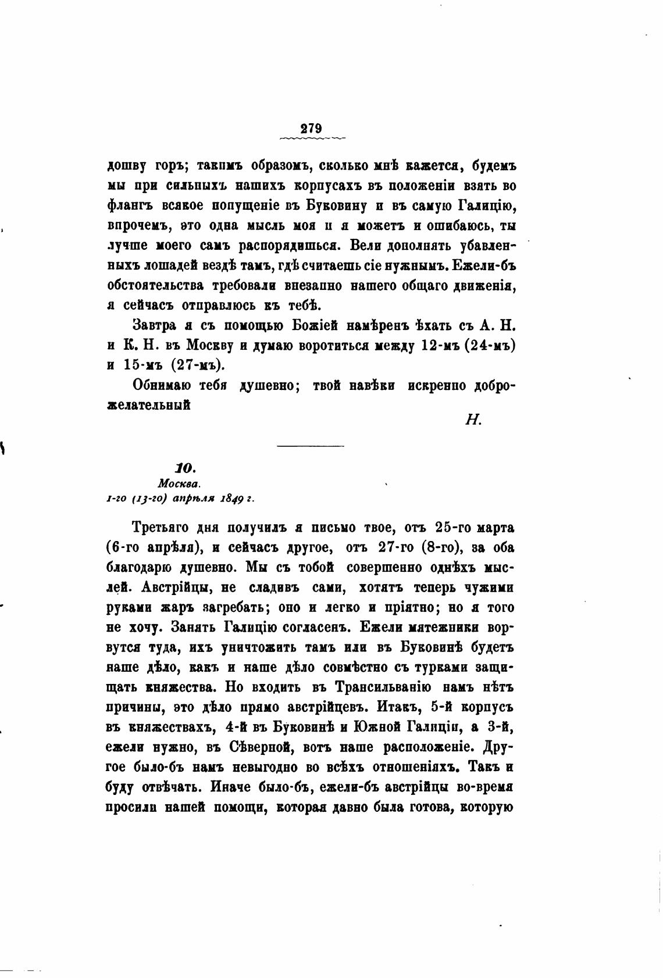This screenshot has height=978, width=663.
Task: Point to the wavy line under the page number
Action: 312,138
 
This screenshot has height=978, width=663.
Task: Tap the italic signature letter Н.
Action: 473,420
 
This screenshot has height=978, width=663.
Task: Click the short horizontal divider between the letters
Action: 311,446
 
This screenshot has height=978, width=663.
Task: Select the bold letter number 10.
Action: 187,468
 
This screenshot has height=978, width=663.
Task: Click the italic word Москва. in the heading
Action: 179,483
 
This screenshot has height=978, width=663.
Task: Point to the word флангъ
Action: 128,205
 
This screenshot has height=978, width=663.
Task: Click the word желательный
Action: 149,405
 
